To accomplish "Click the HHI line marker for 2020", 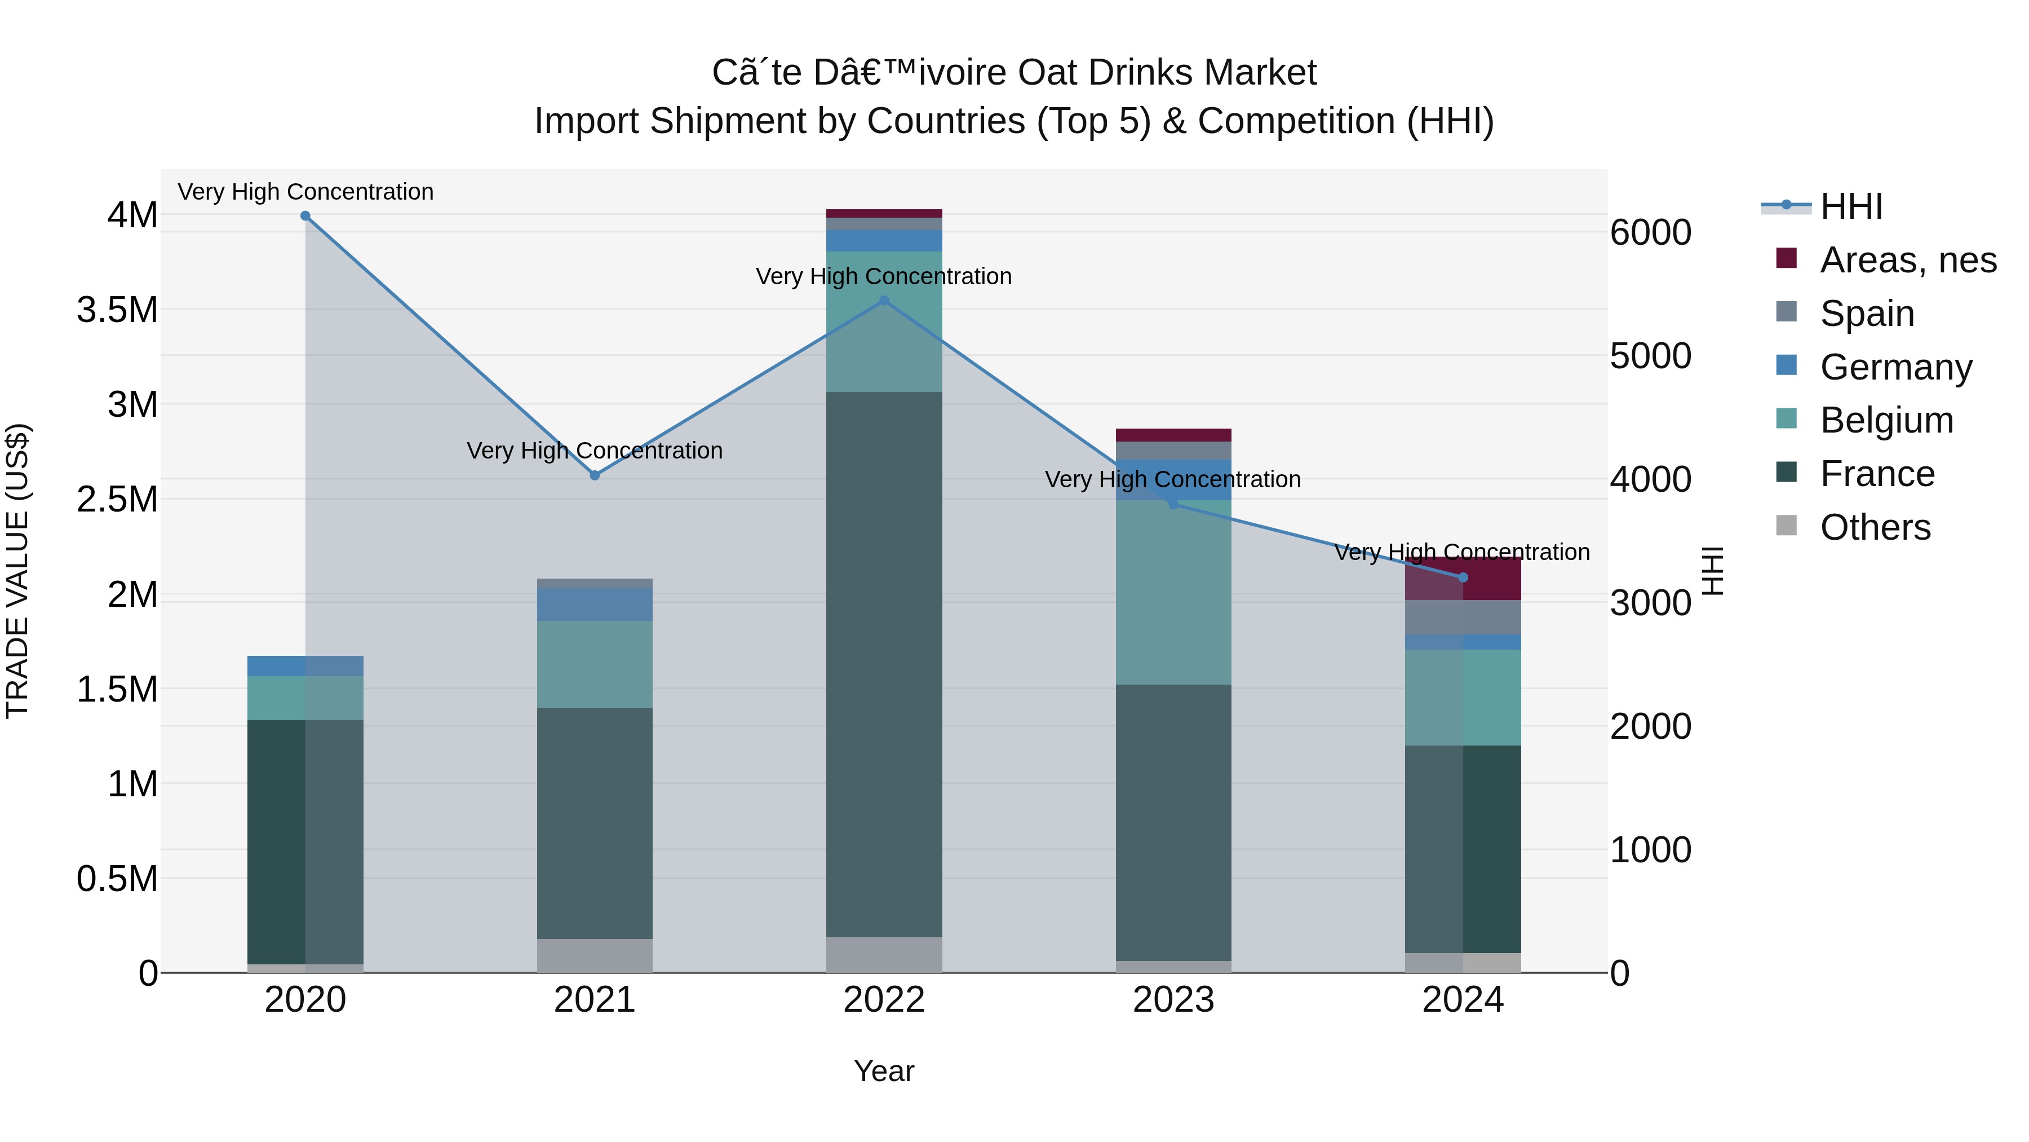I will tap(305, 215).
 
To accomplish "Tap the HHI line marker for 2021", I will tap(595, 475).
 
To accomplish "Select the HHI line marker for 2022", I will tap(884, 300).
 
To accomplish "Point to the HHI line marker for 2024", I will tap(1463, 577).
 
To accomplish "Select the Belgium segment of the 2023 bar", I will tap(1173, 591).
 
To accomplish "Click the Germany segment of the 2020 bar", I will tap(305, 665).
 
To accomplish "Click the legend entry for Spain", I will tap(1867, 314).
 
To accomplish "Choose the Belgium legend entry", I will tap(1886, 420).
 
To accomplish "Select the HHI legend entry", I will tap(1851, 206).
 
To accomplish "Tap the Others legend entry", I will tap(1875, 527).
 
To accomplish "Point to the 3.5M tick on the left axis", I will tap(117, 310).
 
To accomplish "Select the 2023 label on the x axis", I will tap(1173, 1000).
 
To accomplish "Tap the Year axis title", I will tap(884, 1071).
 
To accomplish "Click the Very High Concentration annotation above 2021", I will tap(595, 450).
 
